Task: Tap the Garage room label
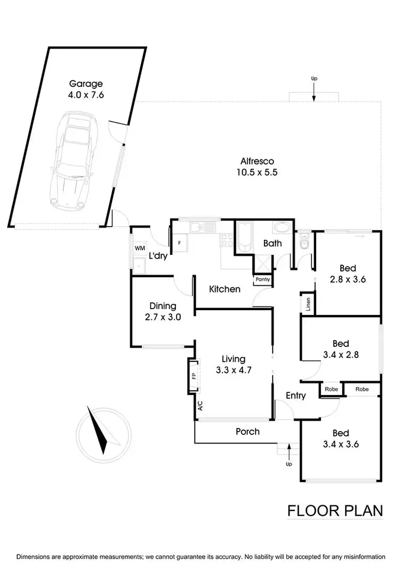point(86,84)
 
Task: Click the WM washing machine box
point(140,248)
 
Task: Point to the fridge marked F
point(179,243)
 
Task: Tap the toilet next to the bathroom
point(305,243)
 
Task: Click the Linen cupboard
point(308,304)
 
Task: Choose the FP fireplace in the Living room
point(193,376)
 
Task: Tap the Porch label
point(247,431)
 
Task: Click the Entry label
point(295,396)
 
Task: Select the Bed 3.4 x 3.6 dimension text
point(340,445)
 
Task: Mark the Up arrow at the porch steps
point(290,453)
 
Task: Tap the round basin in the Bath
point(281,228)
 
